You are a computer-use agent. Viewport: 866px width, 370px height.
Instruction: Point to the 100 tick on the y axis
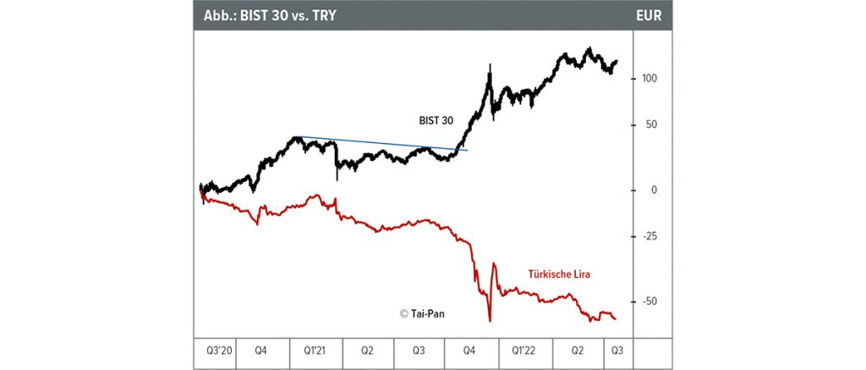click(x=649, y=78)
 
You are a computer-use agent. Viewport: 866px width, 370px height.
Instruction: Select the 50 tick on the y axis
click(x=652, y=124)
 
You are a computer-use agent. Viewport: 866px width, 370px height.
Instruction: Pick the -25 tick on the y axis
click(x=649, y=236)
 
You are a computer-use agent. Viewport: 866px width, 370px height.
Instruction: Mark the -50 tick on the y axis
click(x=649, y=301)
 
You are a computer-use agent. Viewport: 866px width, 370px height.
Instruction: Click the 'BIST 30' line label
click(x=436, y=121)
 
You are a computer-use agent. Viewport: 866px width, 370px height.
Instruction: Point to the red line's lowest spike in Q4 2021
click(x=490, y=320)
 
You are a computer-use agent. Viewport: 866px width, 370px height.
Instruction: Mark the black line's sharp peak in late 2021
click(x=490, y=65)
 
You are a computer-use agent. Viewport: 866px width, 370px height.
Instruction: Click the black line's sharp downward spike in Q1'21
click(x=337, y=178)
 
